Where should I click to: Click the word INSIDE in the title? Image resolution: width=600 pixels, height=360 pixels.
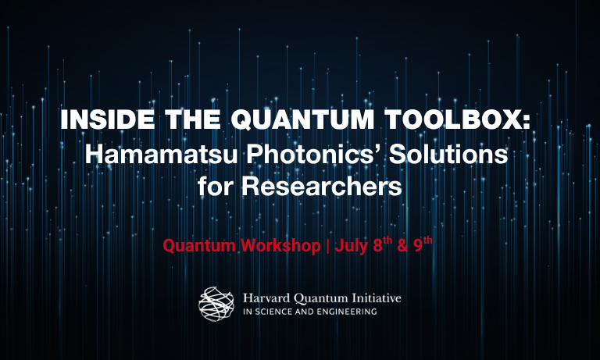pyautogui.click(x=108, y=119)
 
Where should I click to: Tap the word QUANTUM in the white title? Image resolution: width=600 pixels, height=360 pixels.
pyautogui.click(x=302, y=120)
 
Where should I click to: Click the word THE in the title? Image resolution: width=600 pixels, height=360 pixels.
pyautogui.click(x=192, y=119)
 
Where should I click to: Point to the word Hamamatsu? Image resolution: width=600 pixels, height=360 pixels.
pyautogui.click(x=161, y=154)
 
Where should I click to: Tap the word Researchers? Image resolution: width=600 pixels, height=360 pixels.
pyautogui.click(x=321, y=187)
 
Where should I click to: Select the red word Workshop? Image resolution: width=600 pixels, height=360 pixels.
pyautogui.click(x=281, y=245)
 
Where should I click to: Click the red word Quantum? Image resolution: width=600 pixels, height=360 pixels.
pyautogui.click(x=199, y=246)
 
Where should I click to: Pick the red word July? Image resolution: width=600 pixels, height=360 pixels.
pyautogui.click(x=352, y=246)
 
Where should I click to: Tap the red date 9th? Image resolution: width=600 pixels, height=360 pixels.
pyautogui.click(x=423, y=244)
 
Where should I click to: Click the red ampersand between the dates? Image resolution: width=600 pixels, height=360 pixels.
pyautogui.click(x=403, y=246)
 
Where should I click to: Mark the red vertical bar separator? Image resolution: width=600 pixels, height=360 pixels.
pyautogui.click(x=327, y=246)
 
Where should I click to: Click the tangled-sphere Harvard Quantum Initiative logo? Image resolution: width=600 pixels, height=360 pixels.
pyautogui.click(x=216, y=304)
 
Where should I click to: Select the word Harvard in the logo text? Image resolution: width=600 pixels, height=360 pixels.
pyautogui.click(x=266, y=298)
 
